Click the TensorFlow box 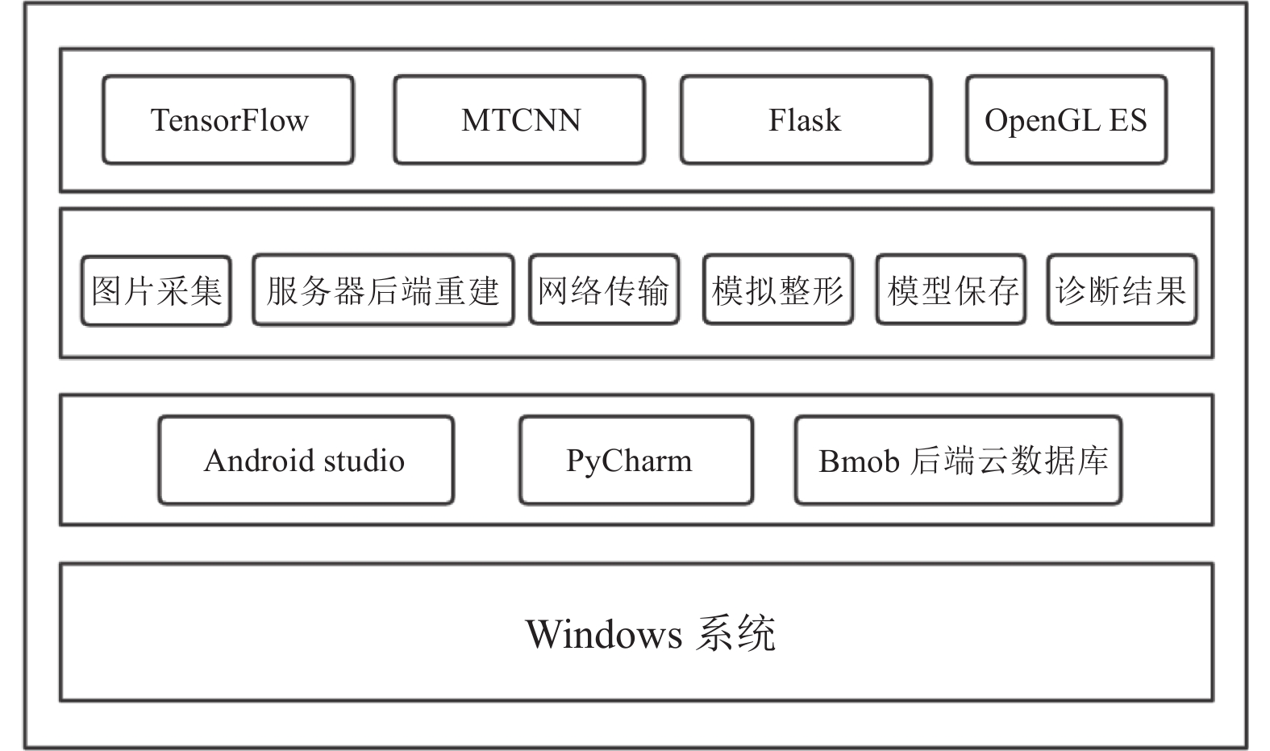click(x=228, y=119)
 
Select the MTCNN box click(x=519, y=119)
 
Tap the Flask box click(x=806, y=119)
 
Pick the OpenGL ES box click(x=1067, y=119)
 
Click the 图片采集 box click(x=156, y=290)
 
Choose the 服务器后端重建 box click(x=383, y=290)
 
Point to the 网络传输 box click(x=604, y=290)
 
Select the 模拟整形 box click(x=778, y=290)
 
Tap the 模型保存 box click(x=951, y=290)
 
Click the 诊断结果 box click(x=1122, y=290)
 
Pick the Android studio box click(x=306, y=460)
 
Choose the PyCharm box click(x=636, y=460)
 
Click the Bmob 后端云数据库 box click(x=958, y=460)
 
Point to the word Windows click(x=604, y=634)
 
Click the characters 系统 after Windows click(x=735, y=633)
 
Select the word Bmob click(x=859, y=461)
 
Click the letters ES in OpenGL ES click(x=1128, y=119)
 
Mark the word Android click(x=259, y=460)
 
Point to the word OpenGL click(x=1042, y=121)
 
